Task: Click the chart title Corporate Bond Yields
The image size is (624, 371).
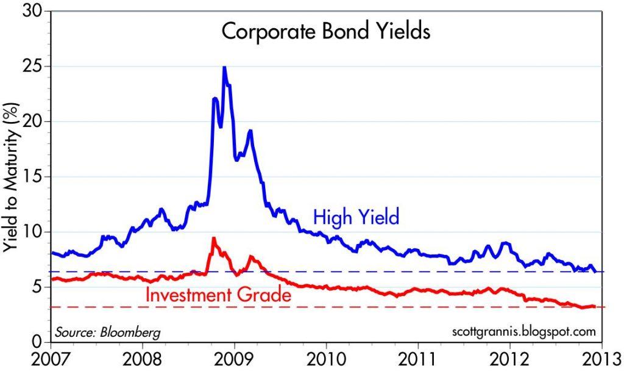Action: point(325,32)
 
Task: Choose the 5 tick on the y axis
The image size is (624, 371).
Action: point(38,286)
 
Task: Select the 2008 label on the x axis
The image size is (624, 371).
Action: point(142,358)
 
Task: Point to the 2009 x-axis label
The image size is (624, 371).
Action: point(234,358)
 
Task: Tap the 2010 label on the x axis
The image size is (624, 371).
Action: point(326,358)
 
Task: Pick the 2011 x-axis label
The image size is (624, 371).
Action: point(418,358)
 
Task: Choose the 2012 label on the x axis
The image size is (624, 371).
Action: point(509,358)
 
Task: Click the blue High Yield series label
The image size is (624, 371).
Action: point(356,217)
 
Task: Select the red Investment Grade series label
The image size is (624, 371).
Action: point(216,296)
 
